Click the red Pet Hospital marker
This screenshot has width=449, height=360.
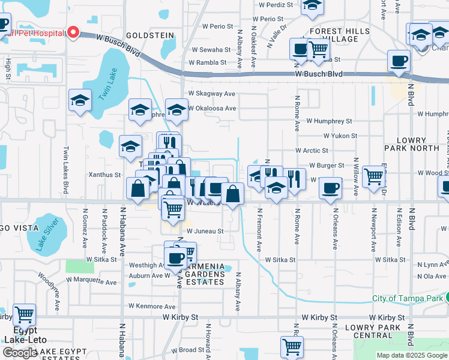74,32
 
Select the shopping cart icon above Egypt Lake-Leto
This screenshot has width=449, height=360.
25,313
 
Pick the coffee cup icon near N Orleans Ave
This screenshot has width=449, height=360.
330,188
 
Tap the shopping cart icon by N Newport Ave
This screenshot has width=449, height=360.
373,175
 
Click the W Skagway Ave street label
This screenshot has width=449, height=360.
212,94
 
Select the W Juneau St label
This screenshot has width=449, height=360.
205,230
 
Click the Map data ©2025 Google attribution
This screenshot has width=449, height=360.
411,355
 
